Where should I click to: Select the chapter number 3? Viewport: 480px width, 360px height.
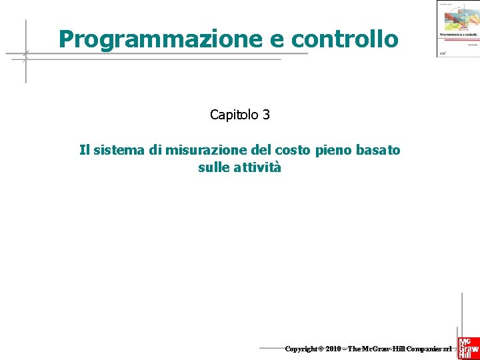tap(266, 115)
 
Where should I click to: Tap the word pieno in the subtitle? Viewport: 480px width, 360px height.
tap(333, 150)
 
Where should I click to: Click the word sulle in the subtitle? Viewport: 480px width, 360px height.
tap(213, 167)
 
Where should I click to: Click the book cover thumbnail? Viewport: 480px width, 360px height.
tap(457, 28)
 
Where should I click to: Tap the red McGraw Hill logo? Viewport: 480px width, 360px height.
tap(468, 343)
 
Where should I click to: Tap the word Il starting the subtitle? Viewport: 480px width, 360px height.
tap(84, 150)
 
